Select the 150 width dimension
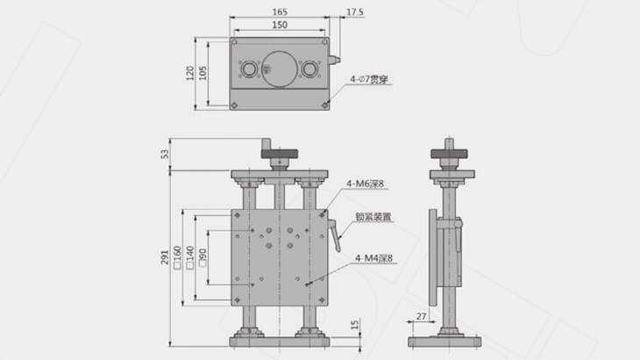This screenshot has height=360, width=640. coord(280,25)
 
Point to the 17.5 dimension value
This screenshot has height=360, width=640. coord(355,11)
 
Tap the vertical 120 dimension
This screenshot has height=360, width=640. coord(190,72)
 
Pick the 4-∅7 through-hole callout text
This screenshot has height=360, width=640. coord(369,80)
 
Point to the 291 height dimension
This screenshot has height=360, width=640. coord(165,256)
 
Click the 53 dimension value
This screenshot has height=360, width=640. coord(165,155)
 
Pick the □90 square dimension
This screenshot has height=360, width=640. coord(203,256)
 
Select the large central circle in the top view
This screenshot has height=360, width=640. coord(280,68)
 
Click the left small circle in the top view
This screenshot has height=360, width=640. coord(249,68)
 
